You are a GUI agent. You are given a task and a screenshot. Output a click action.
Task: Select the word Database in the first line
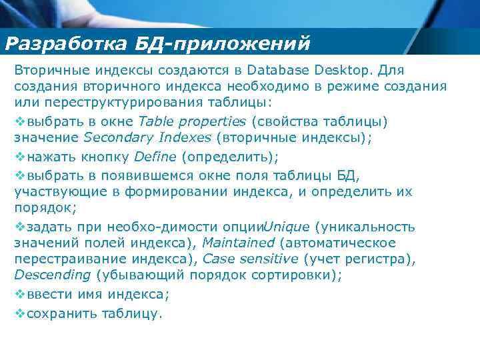(x=274, y=70)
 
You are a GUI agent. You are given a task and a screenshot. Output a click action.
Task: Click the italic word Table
(x=154, y=122)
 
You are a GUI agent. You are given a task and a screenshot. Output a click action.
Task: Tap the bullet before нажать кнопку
(x=19, y=157)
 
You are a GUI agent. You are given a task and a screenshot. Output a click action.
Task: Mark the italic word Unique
(x=287, y=226)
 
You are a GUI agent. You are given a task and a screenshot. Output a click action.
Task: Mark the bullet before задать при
(x=19, y=226)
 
